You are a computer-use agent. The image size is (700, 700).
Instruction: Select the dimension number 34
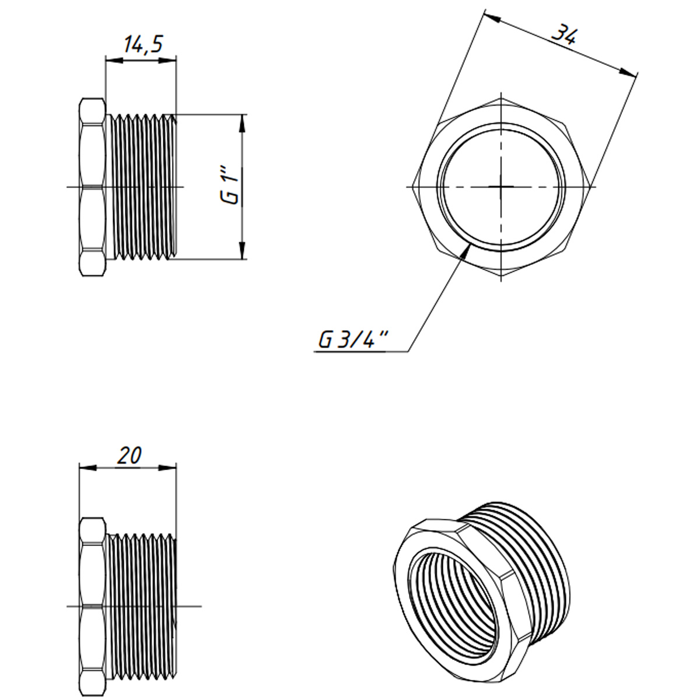[x=564, y=36]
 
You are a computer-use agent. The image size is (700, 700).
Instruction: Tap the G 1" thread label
[x=230, y=187]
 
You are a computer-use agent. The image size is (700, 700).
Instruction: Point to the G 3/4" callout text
[x=353, y=339]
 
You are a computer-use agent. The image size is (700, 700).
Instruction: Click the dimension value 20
[x=129, y=456]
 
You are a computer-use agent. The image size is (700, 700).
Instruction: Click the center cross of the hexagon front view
[x=501, y=187]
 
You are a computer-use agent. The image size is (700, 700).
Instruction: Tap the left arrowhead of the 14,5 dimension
[x=111, y=59]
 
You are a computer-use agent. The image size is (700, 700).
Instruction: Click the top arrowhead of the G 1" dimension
[x=243, y=121]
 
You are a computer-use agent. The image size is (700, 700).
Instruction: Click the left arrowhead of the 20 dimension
[x=85, y=467]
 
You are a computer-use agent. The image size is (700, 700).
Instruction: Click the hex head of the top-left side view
[x=92, y=187]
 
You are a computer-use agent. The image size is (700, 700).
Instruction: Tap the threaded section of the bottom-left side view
[x=143, y=607]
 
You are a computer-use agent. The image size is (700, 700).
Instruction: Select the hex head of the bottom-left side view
[x=92, y=607]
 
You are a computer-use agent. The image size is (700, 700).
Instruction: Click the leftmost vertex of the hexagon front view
[x=412, y=187]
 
